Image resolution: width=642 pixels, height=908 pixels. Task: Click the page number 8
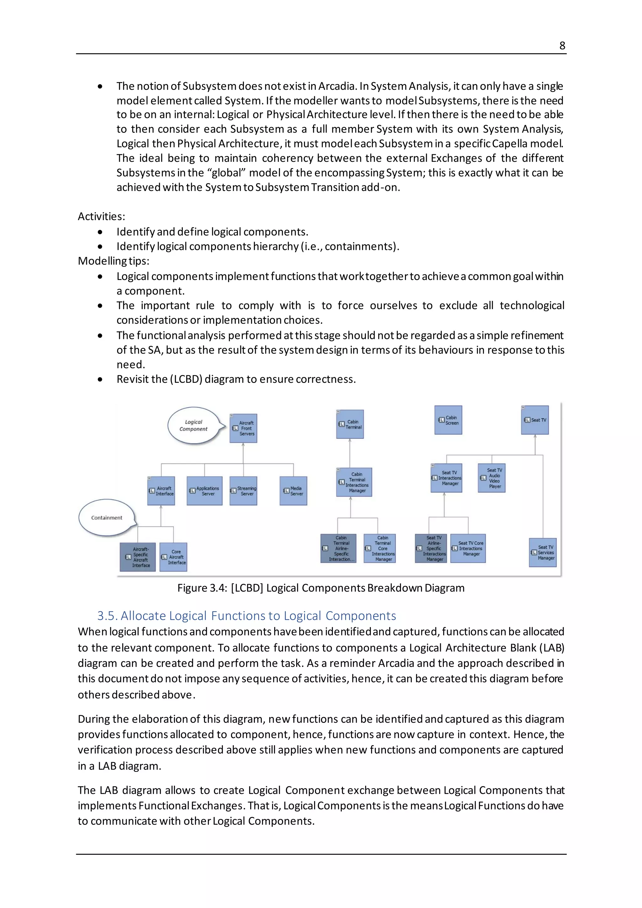pyautogui.click(x=562, y=46)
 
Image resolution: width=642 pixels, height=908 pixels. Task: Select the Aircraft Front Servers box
pyautogui.click(x=243, y=428)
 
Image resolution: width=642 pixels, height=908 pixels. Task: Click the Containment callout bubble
pyautogui.click(x=106, y=517)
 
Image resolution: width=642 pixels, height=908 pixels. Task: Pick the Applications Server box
pyautogui.click(x=204, y=491)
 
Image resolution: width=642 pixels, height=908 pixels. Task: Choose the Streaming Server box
pyautogui.click(x=243, y=491)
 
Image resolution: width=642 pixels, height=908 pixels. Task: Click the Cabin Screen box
pyautogui.click(x=448, y=420)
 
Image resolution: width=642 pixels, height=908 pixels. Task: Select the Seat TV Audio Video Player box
pyautogui.click(x=492, y=478)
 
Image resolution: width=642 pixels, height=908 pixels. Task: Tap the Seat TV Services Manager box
pyautogui.click(x=543, y=552)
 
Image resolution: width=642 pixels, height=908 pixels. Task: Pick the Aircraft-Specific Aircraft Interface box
pyautogui.click(x=138, y=557)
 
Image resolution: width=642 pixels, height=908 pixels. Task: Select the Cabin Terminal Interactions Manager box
pyautogui.click(x=354, y=482)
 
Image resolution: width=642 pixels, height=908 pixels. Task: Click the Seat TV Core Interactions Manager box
pyautogui.click(x=468, y=548)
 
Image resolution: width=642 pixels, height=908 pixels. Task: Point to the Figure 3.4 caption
pyautogui.click(x=321, y=588)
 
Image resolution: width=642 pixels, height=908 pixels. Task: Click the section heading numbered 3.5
pyautogui.click(x=246, y=616)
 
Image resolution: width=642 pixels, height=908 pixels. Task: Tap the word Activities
pyautogui.click(x=101, y=217)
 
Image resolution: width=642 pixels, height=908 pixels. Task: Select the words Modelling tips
pyautogui.click(x=113, y=261)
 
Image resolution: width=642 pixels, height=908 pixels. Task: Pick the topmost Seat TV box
pyautogui.click(x=535, y=420)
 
